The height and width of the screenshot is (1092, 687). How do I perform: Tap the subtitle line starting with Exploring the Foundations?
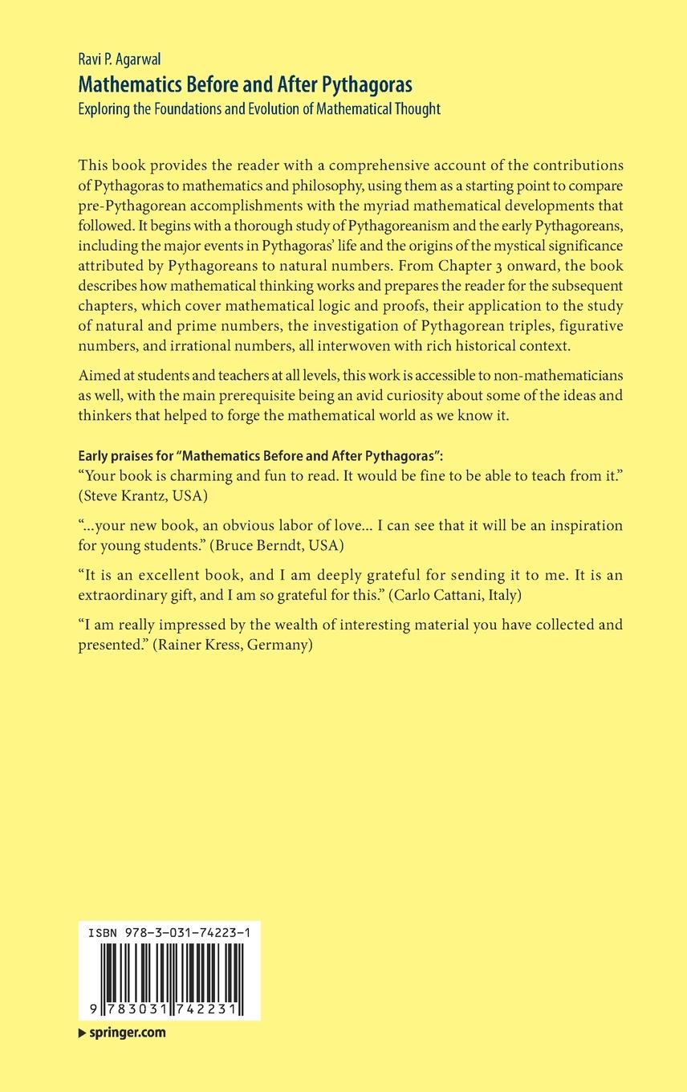point(259,108)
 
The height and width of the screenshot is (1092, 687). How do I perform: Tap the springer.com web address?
point(127,1033)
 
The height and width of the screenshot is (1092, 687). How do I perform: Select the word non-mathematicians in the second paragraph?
point(557,377)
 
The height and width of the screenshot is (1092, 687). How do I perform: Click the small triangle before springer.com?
point(82,1033)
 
